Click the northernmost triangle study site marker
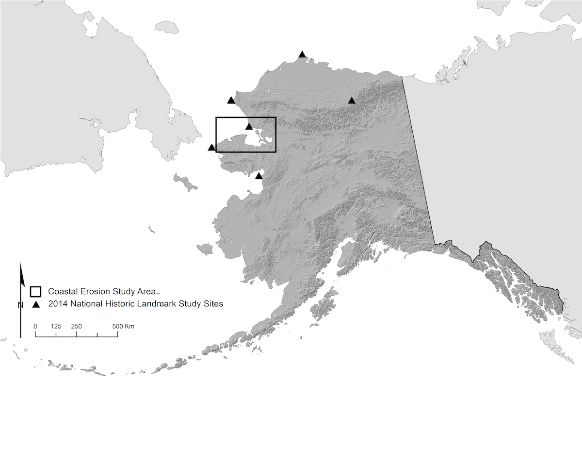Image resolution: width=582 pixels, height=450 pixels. [302, 54]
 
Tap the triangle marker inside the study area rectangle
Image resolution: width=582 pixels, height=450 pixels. [249, 127]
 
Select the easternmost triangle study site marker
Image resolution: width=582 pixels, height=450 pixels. [352, 101]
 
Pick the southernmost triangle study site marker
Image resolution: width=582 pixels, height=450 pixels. [259, 176]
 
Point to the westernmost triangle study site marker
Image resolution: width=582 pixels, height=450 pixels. [211, 148]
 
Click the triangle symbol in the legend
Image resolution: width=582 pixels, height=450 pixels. [35, 304]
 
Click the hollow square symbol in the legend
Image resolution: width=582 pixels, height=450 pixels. [35, 291]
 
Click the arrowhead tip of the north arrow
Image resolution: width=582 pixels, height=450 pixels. [20, 264]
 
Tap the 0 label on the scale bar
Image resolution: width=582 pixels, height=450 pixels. [35, 326]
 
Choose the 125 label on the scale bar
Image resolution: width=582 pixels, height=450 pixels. [56, 326]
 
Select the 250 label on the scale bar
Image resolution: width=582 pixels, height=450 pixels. [76, 326]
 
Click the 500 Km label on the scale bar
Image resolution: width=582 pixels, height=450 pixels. [123, 326]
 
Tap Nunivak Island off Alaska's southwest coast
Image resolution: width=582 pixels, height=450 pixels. [205, 249]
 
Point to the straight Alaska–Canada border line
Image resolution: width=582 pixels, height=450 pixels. [418, 160]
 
